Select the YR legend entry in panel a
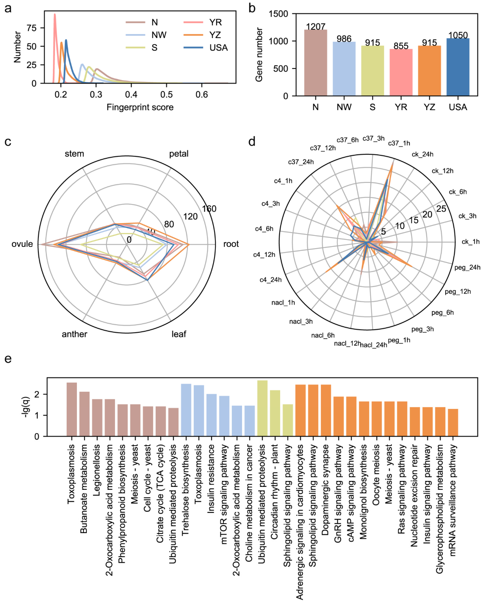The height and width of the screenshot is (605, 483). pyautogui.click(x=215, y=22)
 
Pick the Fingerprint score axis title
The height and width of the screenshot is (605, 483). pyautogui.click(x=140, y=107)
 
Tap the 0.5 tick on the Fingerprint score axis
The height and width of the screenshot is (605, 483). pyautogui.click(x=166, y=95)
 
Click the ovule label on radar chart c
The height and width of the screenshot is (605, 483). pyautogui.click(x=22, y=244)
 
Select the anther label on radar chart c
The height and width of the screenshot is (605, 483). pyautogui.click(x=74, y=334)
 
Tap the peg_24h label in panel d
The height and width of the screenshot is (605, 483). pyautogui.click(x=467, y=267)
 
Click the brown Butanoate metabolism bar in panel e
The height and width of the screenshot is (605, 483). pyautogui.click(x=84, y=414)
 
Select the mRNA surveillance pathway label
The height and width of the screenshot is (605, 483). pyautogui.click(x=452, y=499)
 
